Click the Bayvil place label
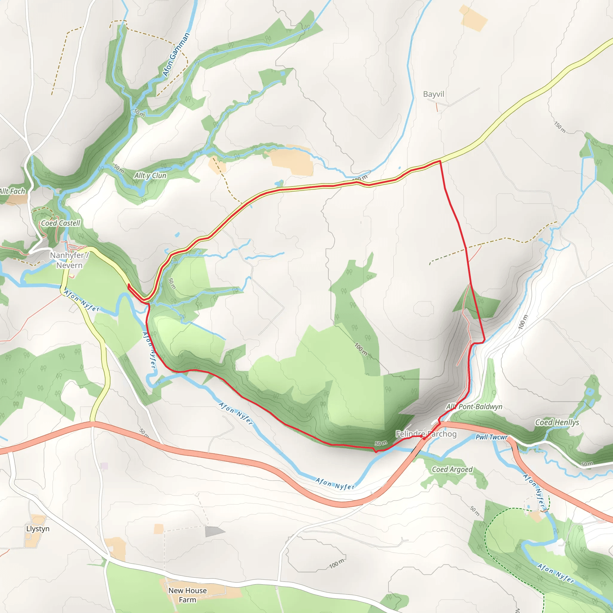pyautogui.click(x=433, y=94)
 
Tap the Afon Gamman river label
pyautogui.click(x=176, y=54)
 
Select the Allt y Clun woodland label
pyautogui.click(x=150, y=175)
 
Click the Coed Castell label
pyautogui.click(x=60, y=223)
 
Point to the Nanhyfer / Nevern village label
pyautogui.click(x=69, y=260)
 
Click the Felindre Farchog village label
pyautogui.click(x=426, y=434)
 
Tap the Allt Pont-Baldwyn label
pyautogui.click(x=474, y=406)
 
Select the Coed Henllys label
pyautogui.click(x=557, y=422)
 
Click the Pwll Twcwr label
pyautogui.click(x=491, y=437)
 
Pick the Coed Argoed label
pyautogui.click(x=452, y=469)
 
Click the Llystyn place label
pyautogui.click(x=38, y=529)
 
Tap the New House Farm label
pyautogui.click(x=187, y=595)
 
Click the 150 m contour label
pyautogui.click(x=560, y=127)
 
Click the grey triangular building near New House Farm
pyautogui.click(x=214, y=532)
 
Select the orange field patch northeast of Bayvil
pyautogui.click(x=473, y=18)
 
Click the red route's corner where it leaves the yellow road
pyautogui.click(x=440, y=161)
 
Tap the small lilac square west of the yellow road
pyautogui.click(x=104, y=466)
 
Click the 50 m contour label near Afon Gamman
pyautogui.click(x=139, y=112)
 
